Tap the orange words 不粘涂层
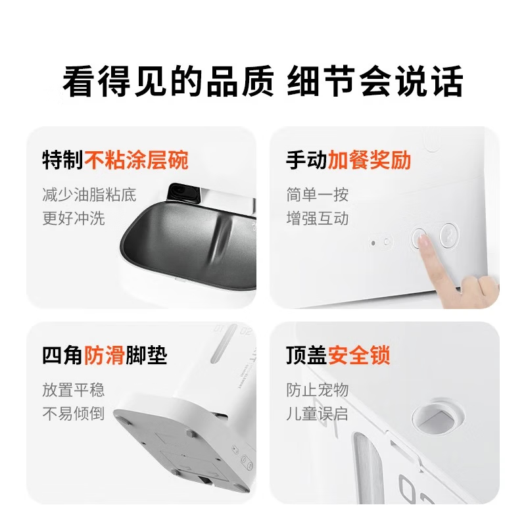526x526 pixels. pos(126,160)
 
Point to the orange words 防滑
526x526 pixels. pos(105,356)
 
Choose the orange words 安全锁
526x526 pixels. pos(360,356)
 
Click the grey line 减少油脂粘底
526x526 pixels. pos(89,195)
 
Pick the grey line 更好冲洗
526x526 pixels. pos(73,218)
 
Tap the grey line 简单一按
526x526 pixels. pos(317,195)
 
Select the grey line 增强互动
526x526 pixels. pos(317,218)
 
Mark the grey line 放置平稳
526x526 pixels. pos(73,390)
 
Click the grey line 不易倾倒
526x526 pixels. pos(73,414)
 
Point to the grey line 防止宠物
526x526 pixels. pos(317,390)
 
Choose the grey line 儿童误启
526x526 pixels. pos(317,414)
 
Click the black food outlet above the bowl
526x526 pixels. pos(185,193)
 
